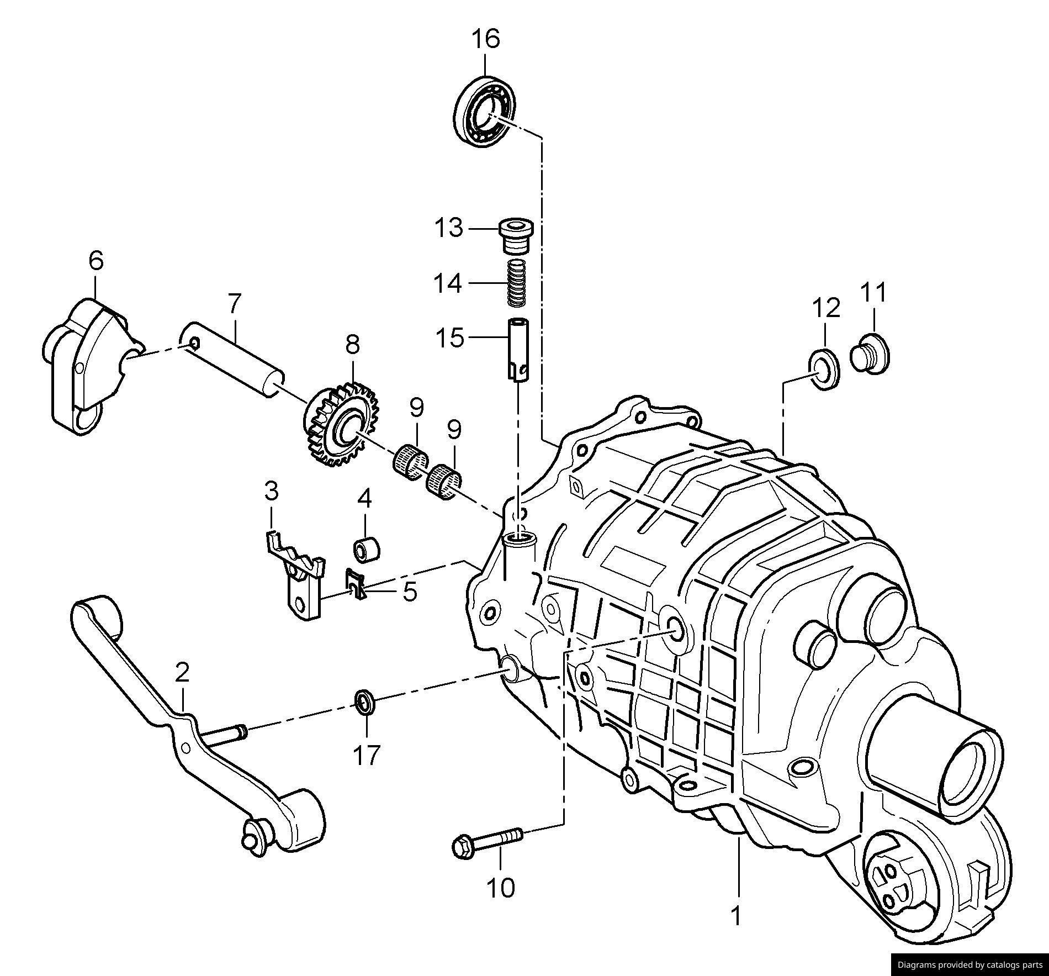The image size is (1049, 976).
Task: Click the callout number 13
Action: click(448, 228)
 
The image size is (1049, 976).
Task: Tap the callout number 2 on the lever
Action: click(182, 672)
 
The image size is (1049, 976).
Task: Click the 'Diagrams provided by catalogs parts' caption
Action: click(969, 965)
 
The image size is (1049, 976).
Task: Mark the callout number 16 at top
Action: click(485, 39)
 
